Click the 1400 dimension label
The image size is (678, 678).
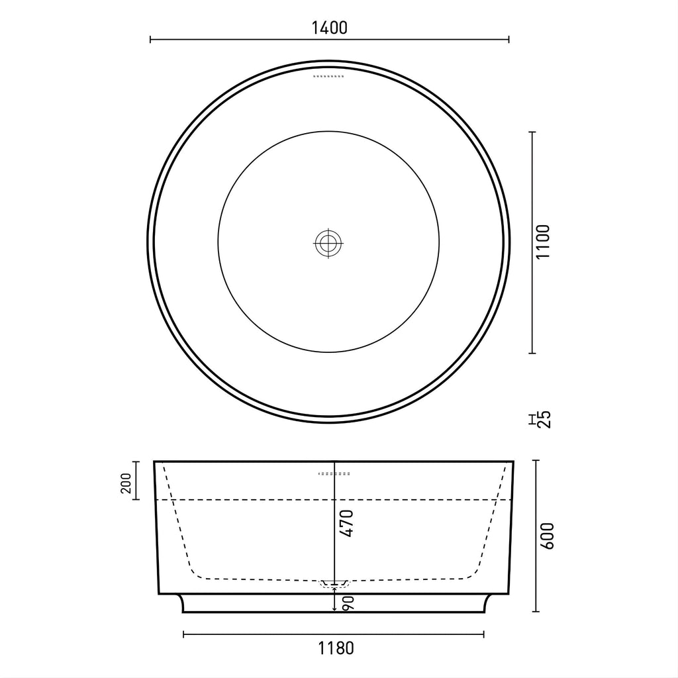tap(330, 28)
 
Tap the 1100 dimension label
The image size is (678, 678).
tap(543, 242)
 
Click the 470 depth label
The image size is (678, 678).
tap(347, 523)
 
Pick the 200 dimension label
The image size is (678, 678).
tap(126, 483)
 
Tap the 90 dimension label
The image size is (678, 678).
tap(349, 604)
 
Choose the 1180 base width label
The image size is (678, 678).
tap(336, 648)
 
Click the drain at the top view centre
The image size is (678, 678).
tap(328, 242)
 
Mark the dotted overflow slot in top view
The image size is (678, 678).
tap(328, 77)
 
